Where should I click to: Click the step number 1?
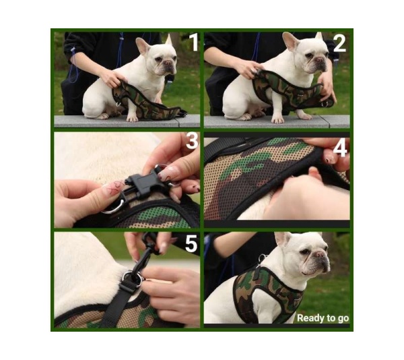pyautogui.click(x=193, y=42)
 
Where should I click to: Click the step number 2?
pyautogui.click(x=339, y=42)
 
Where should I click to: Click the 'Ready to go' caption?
pyautogui.click(x=323, y=318)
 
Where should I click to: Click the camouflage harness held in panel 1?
pyautogui.click(x=145, y=101)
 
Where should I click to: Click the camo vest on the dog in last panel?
pyautogui.click(x=263, y=293)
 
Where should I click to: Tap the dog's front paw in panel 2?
pyautogui.click(x=277, y=119)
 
